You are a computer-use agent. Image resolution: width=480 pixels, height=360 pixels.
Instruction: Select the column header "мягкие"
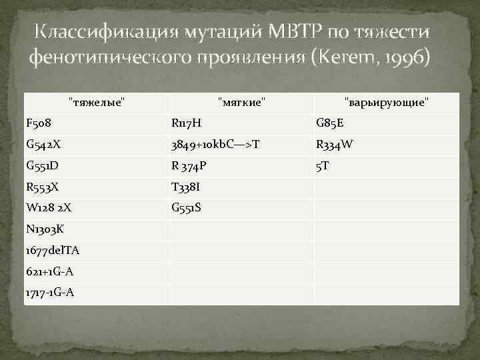click(242, 102)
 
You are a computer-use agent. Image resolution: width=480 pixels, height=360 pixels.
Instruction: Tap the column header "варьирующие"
click(387, 102)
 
